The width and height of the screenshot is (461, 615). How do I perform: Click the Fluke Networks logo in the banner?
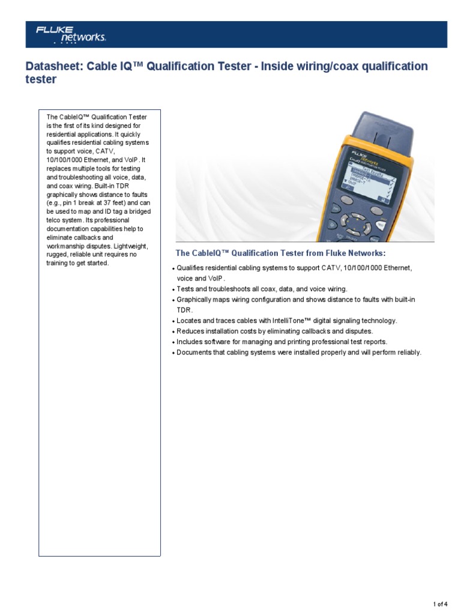coord(70,34)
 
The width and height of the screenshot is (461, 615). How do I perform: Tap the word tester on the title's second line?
coord(41,80)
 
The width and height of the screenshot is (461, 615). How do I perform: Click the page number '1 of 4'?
coord(440,603)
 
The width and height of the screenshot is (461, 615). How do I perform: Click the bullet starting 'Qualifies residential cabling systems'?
coord(294,267)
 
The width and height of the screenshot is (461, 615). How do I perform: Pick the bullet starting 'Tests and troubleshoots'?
coord(262,289)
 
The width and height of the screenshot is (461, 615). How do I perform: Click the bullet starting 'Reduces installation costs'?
coord(275,332)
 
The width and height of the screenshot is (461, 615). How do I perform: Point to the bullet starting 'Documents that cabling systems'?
coord(299,353)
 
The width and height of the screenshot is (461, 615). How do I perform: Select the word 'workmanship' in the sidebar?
coord(64,246)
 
